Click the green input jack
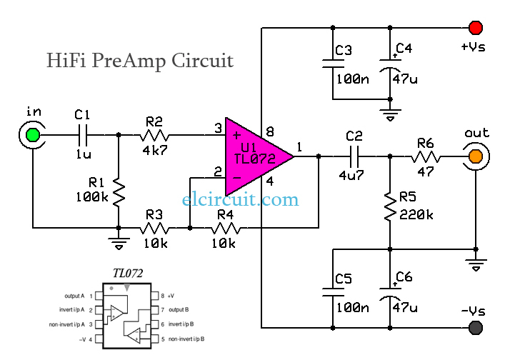(x=32, y=136)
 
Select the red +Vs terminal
(x=475, y=28)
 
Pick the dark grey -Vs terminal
(x=475, y=328)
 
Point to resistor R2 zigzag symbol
(x=154, y=136)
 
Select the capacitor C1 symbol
(x=84, y=136)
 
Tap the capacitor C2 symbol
(x=354, y=156)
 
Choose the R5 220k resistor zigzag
(x=390, y=207)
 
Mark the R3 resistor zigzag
(x=154, y=229)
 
